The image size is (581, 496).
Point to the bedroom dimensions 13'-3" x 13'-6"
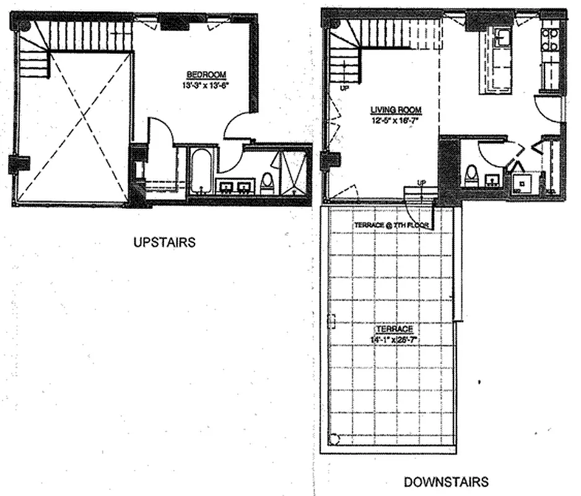click(x=207, y=86)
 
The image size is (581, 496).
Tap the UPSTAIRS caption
click(x=164, y=242)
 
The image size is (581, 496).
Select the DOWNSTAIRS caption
click(x=446, y=481)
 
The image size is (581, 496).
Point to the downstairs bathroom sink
click(x=492, y=180)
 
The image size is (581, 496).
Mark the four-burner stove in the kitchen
click(x=549, y=38)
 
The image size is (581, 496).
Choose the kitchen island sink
click(x=502, y=37)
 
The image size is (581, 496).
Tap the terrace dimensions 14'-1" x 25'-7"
click(x=393, y=340)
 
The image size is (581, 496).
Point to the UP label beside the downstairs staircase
click(x=344, y=89)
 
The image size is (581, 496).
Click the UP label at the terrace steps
click(x=421, y=182)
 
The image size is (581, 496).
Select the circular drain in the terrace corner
click(x=335, y=439)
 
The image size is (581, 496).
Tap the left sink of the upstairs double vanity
click(x=225, y=185)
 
